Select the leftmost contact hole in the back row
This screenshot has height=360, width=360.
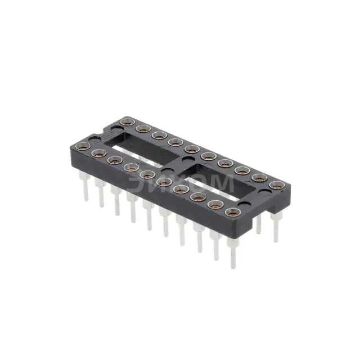[x=125, y=121]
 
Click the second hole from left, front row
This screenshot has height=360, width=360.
[x=99, y=154]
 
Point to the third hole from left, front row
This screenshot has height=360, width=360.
[x=115, y=160]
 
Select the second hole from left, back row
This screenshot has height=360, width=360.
[x=142, y=128]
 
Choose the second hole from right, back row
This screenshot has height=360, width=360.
[x=260, y=178]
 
